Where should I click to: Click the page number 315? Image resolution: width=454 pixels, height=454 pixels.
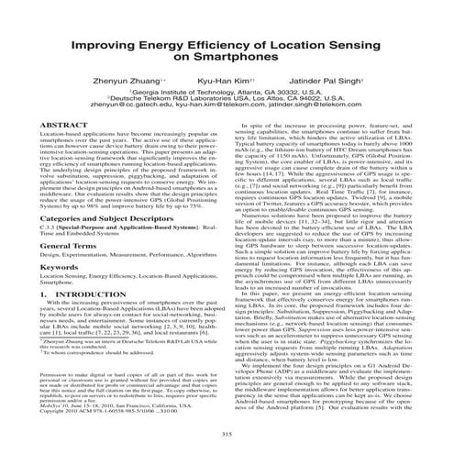[x=227, y=433]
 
